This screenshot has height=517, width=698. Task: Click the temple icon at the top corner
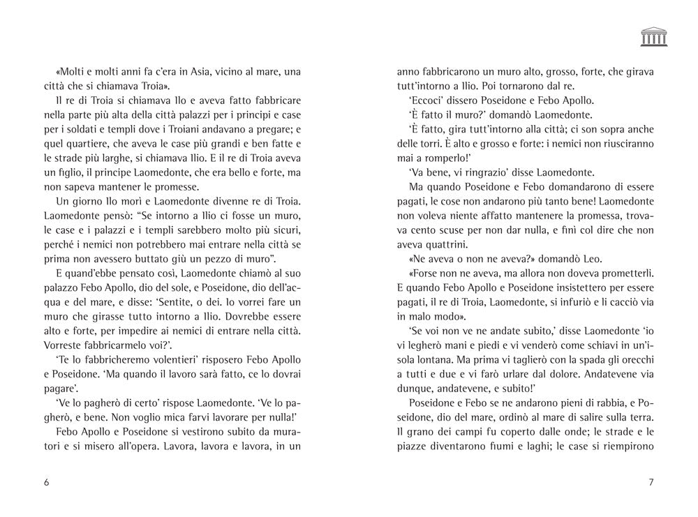[653, 37]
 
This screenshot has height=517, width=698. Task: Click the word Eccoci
[422, 101]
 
